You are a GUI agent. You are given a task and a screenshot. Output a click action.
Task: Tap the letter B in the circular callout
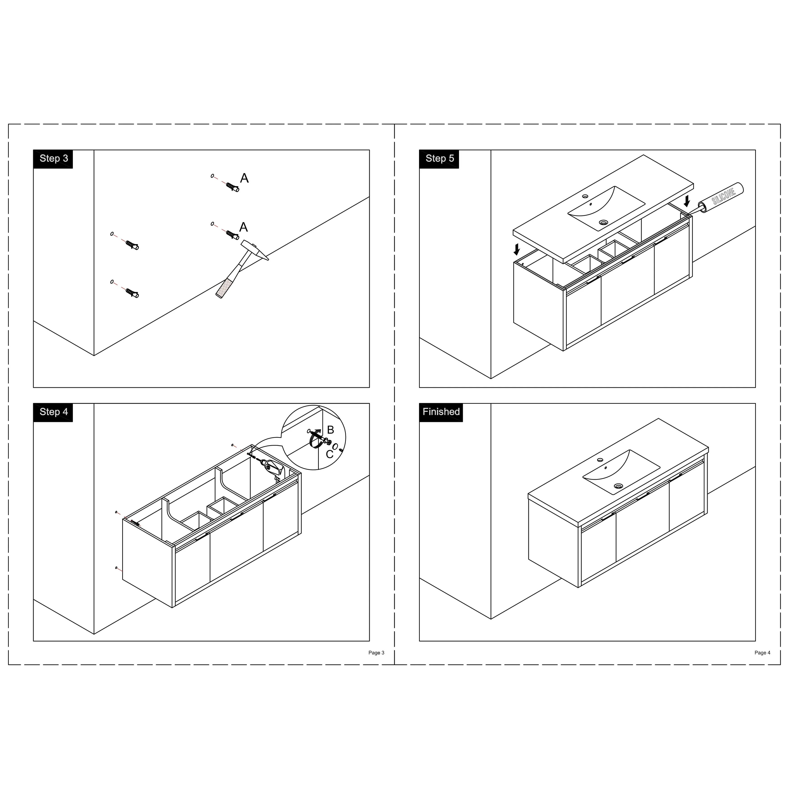(330, 430)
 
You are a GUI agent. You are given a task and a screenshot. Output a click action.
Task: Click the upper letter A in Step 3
(244, 178)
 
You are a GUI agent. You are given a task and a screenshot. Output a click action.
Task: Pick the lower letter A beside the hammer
(243, 227)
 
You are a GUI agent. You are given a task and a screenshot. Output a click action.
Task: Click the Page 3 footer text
(376, 653)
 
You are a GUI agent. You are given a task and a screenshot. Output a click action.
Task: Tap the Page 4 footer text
(762, 653)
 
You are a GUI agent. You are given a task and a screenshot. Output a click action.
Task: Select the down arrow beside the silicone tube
(687, 200)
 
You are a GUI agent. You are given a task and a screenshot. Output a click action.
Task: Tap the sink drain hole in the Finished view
(618, 486)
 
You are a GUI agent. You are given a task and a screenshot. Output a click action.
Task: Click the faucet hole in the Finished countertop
(600, 460)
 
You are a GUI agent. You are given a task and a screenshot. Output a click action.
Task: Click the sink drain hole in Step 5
(603, 222)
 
